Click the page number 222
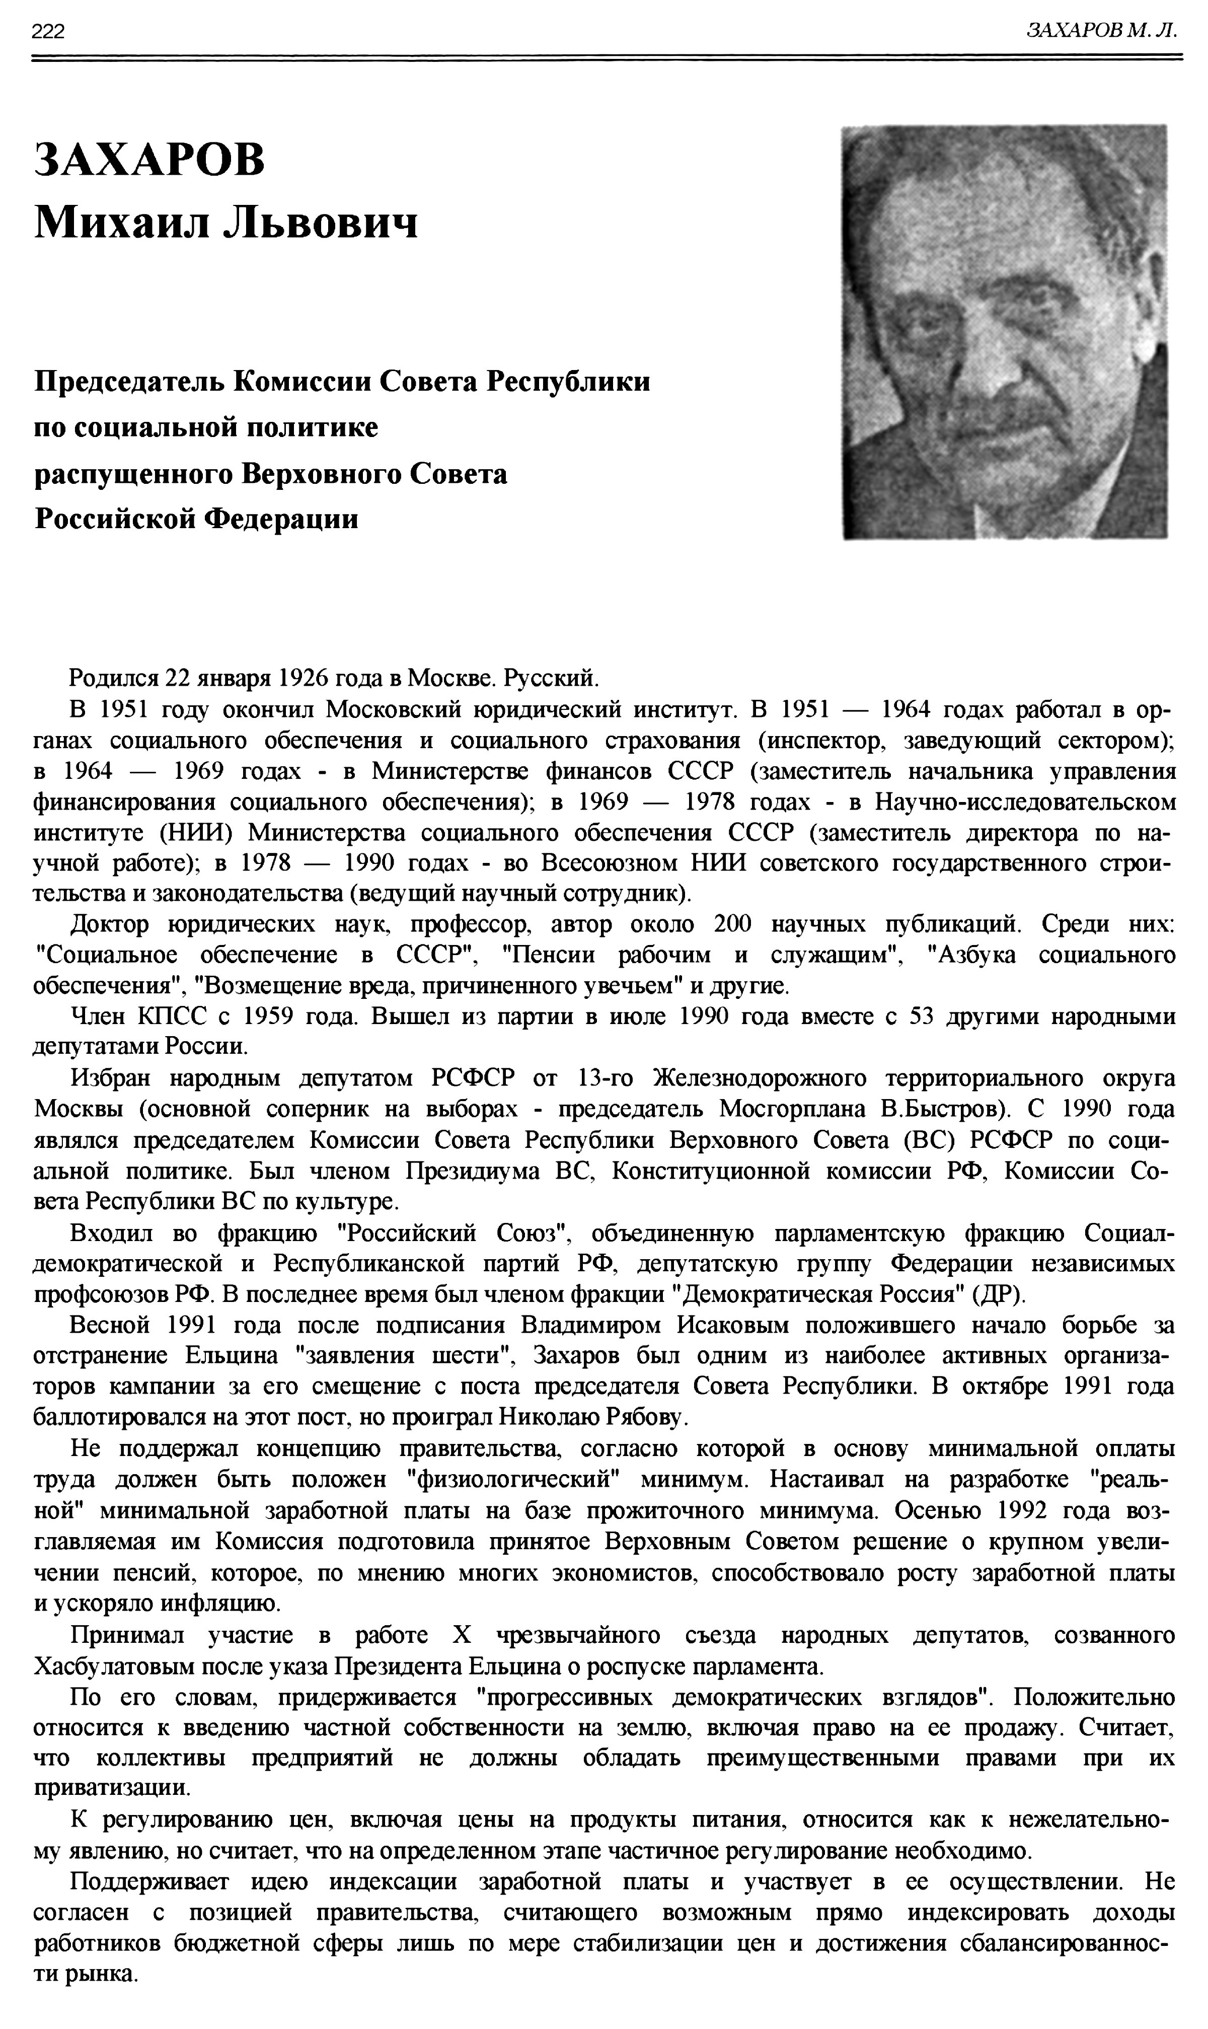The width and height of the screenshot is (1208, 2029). (48, 32)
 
